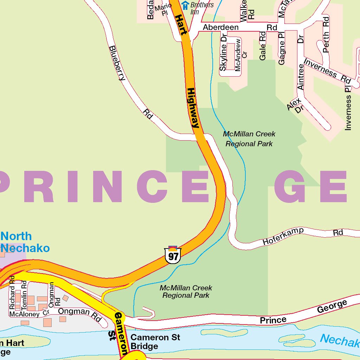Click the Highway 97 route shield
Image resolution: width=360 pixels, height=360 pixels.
tap(173, 255)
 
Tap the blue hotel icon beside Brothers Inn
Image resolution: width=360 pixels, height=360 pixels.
tap(185, 5)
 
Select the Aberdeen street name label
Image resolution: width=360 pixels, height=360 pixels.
tap(220, 27)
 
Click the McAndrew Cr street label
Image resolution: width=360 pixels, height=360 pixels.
tap(241, 55)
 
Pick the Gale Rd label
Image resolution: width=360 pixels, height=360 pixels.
tap(263, 46)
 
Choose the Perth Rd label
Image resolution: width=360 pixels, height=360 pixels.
tap(326, 35)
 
